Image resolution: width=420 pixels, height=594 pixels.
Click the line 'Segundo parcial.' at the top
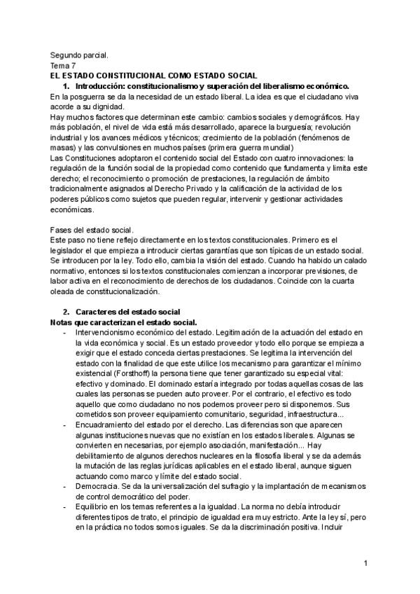point(79,54)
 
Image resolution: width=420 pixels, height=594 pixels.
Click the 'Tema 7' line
point(64,64)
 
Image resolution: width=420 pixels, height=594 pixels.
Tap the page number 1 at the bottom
point(365,563)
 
